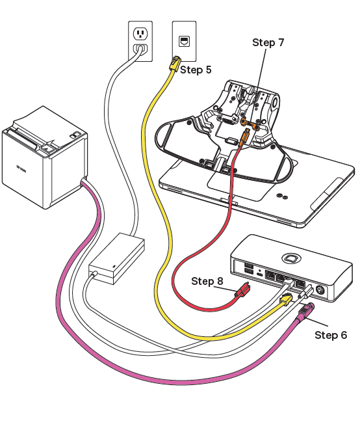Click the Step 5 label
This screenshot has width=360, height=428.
coord(196,70)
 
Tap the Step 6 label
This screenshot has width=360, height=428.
coord(331,335)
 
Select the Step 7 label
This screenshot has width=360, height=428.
coord(268,43)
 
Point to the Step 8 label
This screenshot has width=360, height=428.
coord(207,281)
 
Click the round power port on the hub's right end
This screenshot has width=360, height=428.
coord(319,291)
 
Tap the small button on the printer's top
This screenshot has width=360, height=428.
coord(76,135)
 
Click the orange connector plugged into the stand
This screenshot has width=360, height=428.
coord(246,137)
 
